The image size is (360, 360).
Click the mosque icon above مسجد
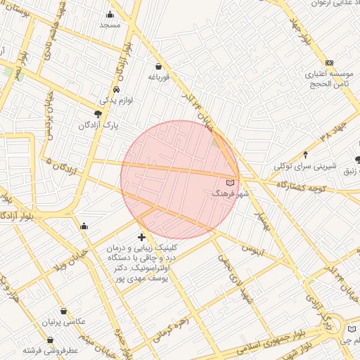[110, 15]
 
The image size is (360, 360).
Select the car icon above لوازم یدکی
[115, 91]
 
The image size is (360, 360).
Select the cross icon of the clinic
[142, 238]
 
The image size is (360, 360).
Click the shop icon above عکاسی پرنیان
[65, 311]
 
